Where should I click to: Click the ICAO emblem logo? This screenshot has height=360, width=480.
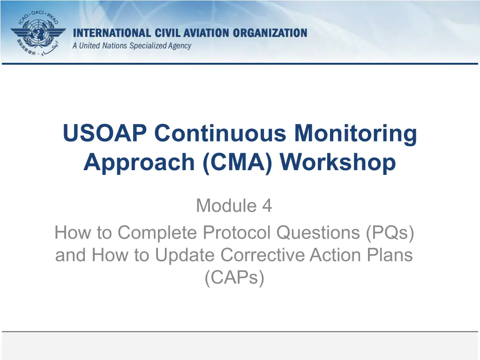pyautogui.click(x=38, y=33)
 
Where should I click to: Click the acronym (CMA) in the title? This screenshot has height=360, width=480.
pyautogui.click(x=237, y=162)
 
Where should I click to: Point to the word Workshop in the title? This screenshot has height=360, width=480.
pyautogui.click(x=337, y=163)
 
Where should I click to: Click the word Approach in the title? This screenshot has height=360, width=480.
pyautogui.click(x=139, y=163)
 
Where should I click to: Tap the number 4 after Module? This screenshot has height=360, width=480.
pyautogui.click(x=267, y=205)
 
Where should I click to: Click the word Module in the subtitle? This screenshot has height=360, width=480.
pyautogui.click(x=226, y=205)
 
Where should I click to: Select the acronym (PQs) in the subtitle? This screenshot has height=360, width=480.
pyautogui.click(x=390, y=232)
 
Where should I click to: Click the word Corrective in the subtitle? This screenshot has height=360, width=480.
pyautogui.click(x=262, y=255)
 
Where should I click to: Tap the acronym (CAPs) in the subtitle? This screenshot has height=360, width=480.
pyautogui.click(x=234, y=277)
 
